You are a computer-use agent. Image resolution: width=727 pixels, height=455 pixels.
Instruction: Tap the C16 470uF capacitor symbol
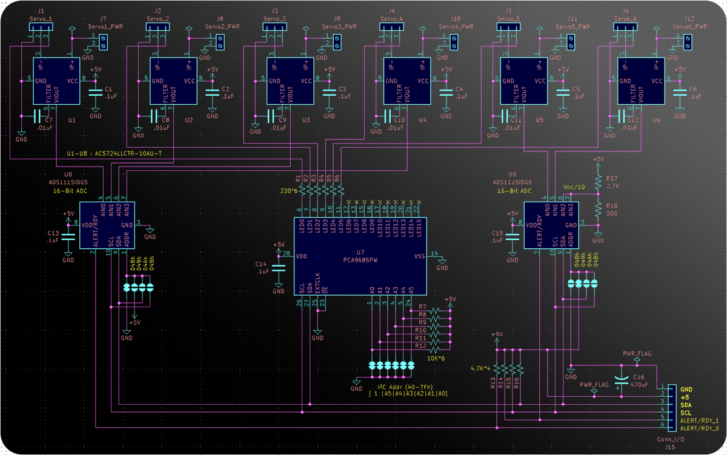[622, 379]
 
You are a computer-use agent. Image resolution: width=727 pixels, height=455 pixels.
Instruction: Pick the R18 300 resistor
[598, 210]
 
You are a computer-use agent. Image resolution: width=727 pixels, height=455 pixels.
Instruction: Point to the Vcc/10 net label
[574, 187]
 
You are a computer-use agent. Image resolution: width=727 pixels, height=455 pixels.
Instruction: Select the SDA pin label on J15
[686, 405]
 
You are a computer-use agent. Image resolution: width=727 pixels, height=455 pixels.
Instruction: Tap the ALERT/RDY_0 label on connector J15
[699, 428]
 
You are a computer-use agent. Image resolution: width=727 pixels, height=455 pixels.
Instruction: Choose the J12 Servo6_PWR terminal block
[688, 42]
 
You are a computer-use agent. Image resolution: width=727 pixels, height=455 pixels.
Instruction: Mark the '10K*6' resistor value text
[436, 358]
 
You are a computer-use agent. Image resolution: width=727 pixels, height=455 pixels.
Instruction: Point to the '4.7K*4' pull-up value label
[481, 368]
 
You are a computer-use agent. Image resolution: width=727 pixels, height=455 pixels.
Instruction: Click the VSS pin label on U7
[419, 256]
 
